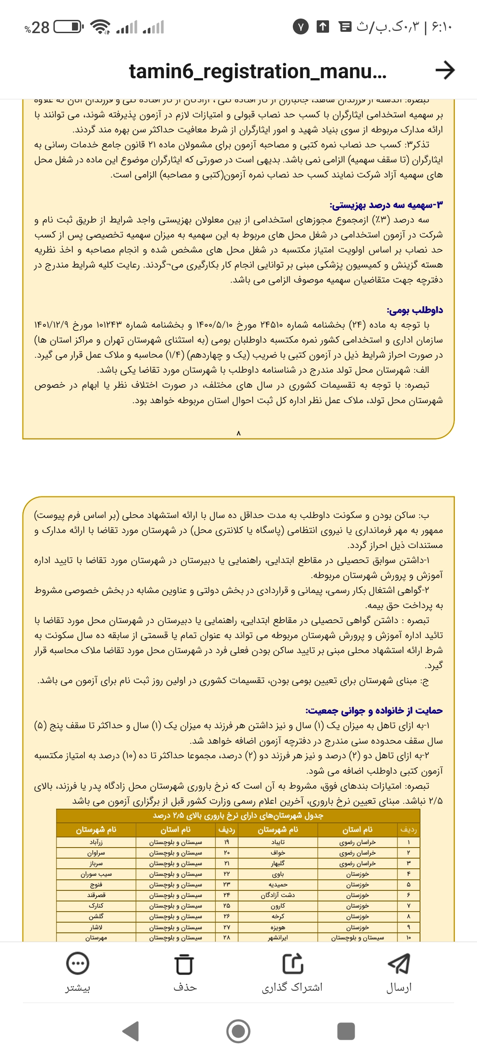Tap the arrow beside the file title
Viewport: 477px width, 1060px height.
click(x=445, y=70)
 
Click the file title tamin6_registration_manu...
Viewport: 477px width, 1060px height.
click(x=257, y=71)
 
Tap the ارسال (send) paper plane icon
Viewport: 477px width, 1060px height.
click(x=399, y=963)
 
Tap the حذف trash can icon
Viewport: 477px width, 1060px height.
click(x=184, y=964)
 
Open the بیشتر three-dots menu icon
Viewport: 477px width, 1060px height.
click(x=77, y=963)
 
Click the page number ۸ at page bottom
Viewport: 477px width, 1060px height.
click(x=238, y=433)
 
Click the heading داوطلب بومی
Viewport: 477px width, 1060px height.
click(x=415, y=310)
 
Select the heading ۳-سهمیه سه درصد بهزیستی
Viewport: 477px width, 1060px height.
click(x=386, y=205)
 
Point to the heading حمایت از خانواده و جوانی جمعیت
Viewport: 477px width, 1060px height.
click(x=374, y=710)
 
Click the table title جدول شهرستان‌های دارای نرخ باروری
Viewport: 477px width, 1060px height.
click(x=238, y=815)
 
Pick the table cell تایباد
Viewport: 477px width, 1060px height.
click(x=278, y=842)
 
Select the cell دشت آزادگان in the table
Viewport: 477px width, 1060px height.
click(x=278, y=895)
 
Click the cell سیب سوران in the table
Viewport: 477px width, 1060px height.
click(x=96, y=874)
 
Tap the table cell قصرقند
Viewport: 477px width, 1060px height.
click(x=96, y=895)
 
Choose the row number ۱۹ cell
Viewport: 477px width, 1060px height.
click(x=227, y=842)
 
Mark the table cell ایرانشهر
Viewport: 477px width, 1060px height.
click(x=278, y=937)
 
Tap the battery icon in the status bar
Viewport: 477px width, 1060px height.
click(x=68, y=27)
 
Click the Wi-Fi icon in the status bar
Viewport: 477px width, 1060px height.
click(x=100, y=27)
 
